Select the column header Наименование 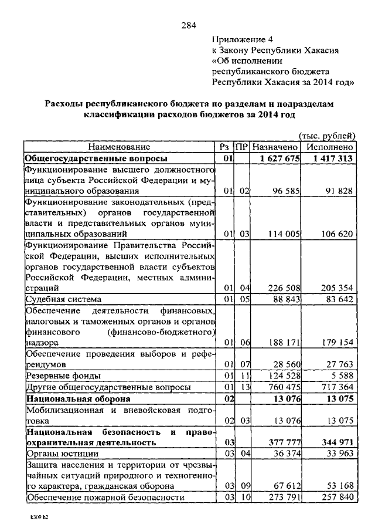(120, 147)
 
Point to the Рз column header (224, 147)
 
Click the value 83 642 (338, 300)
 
